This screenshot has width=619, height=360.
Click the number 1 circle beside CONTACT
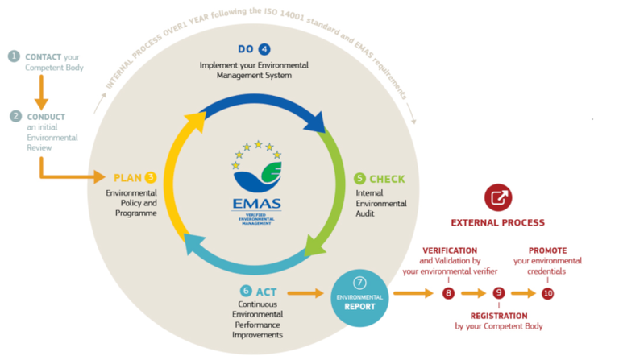pos(14,56)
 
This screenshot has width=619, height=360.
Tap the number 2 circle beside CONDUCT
pos(15,116)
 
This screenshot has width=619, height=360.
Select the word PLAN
pos(127,177)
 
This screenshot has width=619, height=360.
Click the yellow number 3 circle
pos(151,177)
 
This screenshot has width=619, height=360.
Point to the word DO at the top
pos(247,48)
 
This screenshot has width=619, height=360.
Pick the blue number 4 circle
pos(264,48)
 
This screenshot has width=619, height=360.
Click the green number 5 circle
pos(359,178)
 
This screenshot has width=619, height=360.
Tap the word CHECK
pos(387,178)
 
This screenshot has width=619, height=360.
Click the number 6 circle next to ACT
pos(246,291)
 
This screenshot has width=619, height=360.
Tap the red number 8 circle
pos(449,293)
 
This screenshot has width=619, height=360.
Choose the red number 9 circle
pos(499,293)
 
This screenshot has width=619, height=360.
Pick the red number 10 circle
pos(548,293)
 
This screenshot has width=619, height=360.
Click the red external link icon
pos(497,197)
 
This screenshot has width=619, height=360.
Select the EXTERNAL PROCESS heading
pos(497,222)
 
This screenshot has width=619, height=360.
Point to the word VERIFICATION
pos(450,250)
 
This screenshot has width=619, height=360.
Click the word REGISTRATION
pos(499,316)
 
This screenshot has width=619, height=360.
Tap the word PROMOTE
pos(548,250)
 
